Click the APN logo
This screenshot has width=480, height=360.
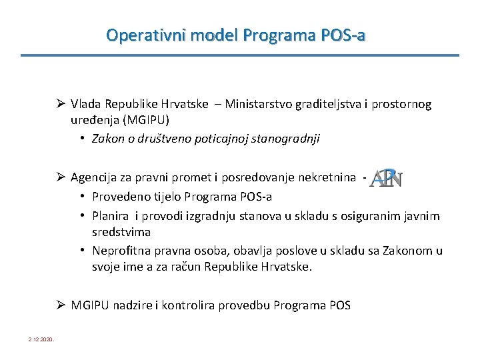pos(386,178)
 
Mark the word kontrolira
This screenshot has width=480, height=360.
pos(184,305)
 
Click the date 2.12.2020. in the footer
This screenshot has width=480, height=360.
pos(42,340)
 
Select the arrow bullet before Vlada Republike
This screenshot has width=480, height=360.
pos(61,104)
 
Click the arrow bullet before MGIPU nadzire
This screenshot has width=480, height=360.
pos(61,305)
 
